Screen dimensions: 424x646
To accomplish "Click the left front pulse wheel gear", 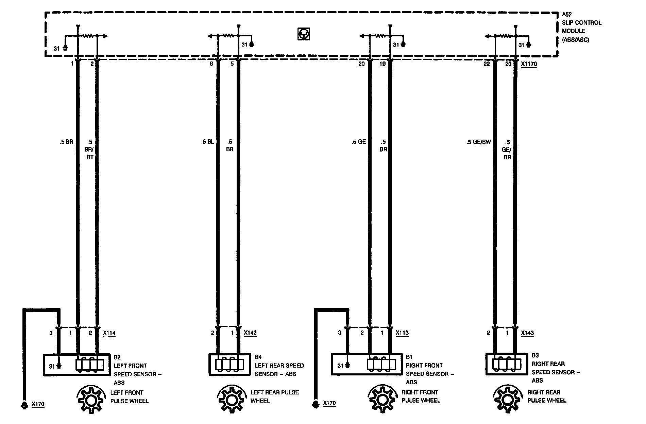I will click(x=90, y=400).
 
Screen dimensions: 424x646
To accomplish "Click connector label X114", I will click(x=109, y=333).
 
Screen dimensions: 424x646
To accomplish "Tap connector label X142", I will click(x=250, y=333).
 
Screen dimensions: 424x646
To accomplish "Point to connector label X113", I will click(x=402, y=333).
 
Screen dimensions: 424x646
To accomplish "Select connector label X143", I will click(x=527, y=333).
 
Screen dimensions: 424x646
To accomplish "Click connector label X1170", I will click(x=529, y=64).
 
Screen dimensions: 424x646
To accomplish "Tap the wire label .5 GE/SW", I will click(x=479, y=142).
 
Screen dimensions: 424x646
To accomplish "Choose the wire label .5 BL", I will click(x=207, y=142).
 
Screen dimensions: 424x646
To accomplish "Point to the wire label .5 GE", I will click(x=359, y=142).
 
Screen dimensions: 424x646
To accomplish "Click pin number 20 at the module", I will click(x=361, y=64).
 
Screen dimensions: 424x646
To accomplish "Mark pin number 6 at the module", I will click(x=211, y=64).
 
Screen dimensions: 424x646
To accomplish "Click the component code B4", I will click(x=258, y=357).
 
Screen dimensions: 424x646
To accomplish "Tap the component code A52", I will click(x=567, y=15).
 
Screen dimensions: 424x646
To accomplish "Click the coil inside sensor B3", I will click(x=507, y=364).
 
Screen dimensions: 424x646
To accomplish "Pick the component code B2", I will click(x=117, y=357).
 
